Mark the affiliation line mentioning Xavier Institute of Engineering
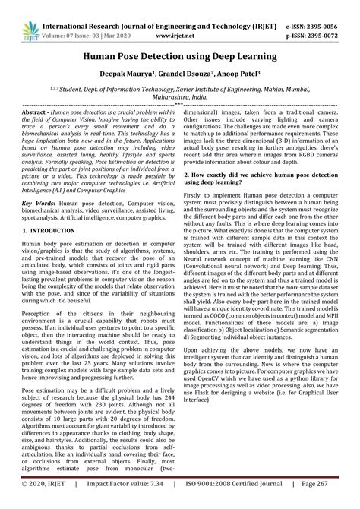[180, 88]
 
